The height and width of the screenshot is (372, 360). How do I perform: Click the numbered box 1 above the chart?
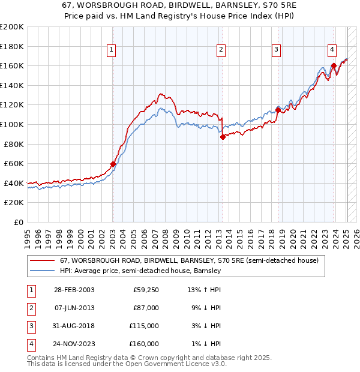(112, 50)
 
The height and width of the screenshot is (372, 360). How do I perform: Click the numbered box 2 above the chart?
(221, 50)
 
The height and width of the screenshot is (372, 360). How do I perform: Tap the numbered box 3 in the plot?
(276, 50)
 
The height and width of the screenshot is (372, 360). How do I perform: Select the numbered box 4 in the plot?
(332, 50)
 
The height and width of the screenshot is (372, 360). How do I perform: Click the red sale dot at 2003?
(113, 164)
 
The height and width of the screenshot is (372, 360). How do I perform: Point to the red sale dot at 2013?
(223, 137)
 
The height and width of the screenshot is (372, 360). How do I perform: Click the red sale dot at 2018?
(278, 110)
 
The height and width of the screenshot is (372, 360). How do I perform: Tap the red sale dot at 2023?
(334, 66)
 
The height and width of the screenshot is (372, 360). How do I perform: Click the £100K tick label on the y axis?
(12, 124)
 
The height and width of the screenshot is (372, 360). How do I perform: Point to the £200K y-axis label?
(12, 27)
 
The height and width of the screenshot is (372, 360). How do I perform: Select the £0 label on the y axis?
(18, 222)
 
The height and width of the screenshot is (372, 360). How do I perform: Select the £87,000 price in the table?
(146, 308)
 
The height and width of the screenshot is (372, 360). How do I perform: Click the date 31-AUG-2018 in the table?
(74, 326)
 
